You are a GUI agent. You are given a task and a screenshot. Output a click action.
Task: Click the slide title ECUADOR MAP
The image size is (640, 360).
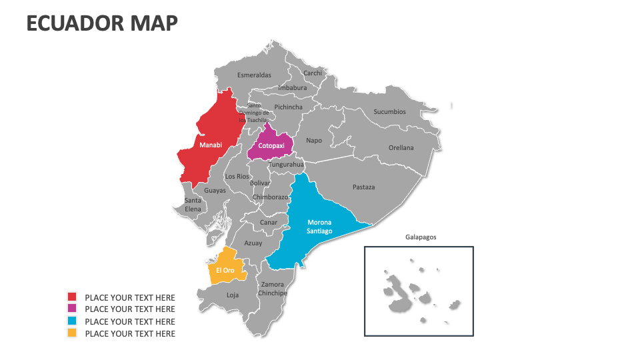click(x=102, y=23)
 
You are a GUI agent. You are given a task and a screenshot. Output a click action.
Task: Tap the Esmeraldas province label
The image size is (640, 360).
click(x=254, y=75)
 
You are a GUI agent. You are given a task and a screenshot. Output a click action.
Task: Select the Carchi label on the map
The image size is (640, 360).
click(x=312, y=73)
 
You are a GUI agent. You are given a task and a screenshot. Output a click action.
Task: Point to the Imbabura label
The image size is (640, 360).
click(x=292, y=88)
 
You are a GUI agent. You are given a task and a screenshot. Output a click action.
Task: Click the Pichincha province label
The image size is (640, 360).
click(x=288, y=107)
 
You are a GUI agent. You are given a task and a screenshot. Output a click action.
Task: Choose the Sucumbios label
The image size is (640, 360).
click(x=389, y=112)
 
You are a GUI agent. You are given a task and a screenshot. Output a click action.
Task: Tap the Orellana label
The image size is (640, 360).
click(x=401, y=148)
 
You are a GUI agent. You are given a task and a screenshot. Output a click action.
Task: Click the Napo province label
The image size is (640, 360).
click(x=313, y=141)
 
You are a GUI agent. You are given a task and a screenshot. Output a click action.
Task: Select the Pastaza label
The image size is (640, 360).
click(x=363, y=187)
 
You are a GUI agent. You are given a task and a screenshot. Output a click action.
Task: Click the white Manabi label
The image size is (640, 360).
click(x=211, y=145)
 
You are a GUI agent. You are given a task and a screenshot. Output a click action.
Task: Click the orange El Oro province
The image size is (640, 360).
click(x=225, y=269)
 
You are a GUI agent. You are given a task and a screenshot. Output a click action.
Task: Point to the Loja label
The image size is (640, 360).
click(x=232, y=295)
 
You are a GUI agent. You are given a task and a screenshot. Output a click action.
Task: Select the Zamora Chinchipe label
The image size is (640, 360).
click(x=272, y=289)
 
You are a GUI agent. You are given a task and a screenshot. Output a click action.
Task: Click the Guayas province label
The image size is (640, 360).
click(x=215, y=191)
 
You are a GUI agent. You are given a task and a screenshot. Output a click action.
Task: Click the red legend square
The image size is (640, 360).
click(x=72, y=297)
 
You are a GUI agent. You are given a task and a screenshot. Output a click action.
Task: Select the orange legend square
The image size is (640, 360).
click(x=72, y=333)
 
